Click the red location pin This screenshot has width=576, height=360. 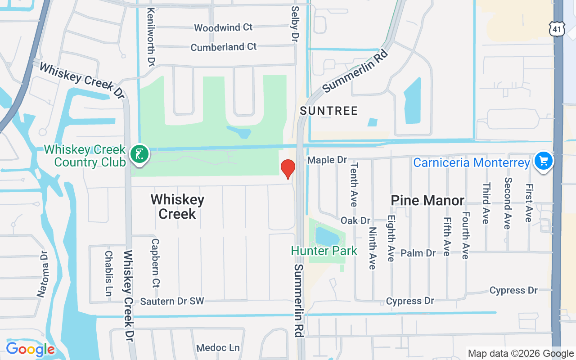pyautogui.click(x=288, y=169)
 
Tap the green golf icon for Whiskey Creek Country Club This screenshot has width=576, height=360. pyautogui.click(x=139, y=154)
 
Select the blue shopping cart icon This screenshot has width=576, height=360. pyautogui.click(x=543, y=161)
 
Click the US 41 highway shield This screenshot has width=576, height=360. pyautogui.click(x=557, y=29)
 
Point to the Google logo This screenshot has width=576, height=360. pyautogui.click(x=30, y=349)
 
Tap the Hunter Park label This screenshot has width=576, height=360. pyautogui.click(x=324, y=251)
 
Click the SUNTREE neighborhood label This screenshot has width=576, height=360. pyautogui.click(x=329, y=111)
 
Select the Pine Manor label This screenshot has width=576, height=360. pyautogui.click(x=427, y=200)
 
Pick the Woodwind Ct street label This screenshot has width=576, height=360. pyautogui.click(x=223, y=27)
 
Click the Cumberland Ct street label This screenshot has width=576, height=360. pyautogui.click(x=224, y=47)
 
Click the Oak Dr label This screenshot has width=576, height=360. pyautogui.click(x=355, y=220)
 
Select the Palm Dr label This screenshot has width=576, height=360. pyautogui.click(x=418, y=253)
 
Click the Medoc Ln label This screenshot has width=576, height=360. pyautogui.click(x=218, y=348)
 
